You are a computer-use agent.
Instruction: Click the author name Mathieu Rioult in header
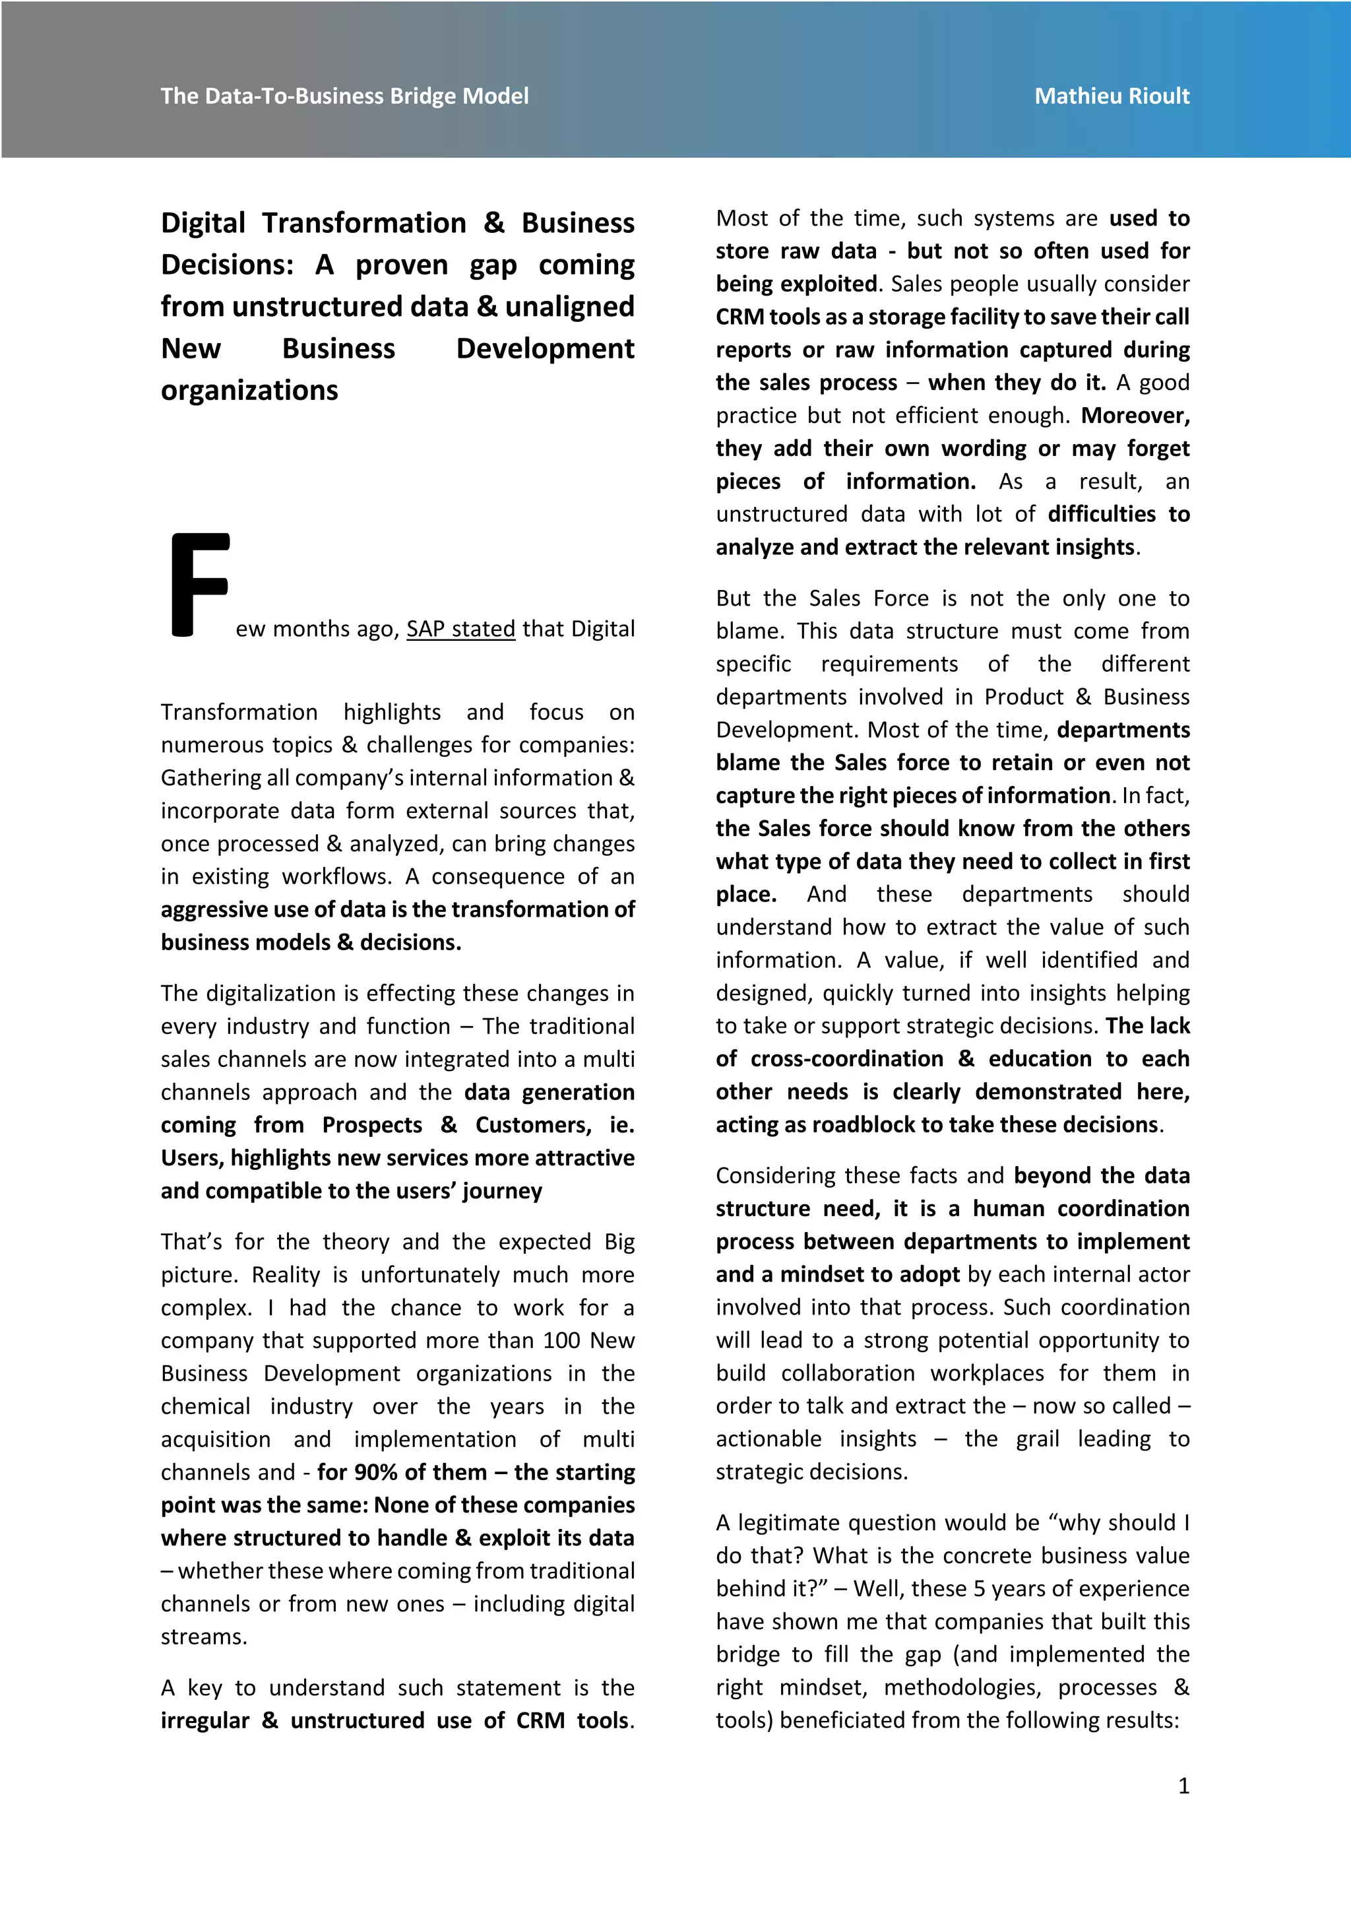click(x=1112, y=96)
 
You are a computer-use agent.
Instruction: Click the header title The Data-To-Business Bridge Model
click(x=344, y=96)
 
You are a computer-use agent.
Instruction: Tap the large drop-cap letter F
click(x=199, y=585)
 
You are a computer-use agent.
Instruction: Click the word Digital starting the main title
click(x=203, y=223)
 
